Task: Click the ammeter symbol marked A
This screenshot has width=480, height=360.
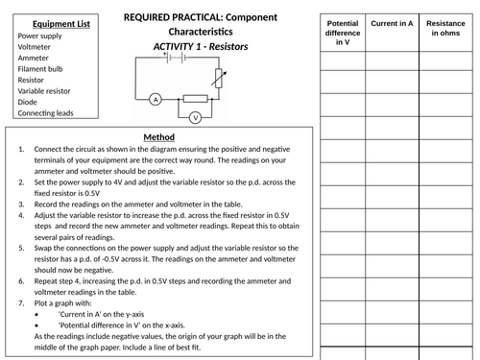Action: tap(155, 99)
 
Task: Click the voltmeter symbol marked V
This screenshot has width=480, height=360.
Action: tap(196, 117)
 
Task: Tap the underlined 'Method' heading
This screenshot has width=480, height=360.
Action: tap(159, 136)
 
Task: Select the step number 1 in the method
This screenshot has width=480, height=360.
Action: tap(21, 150)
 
